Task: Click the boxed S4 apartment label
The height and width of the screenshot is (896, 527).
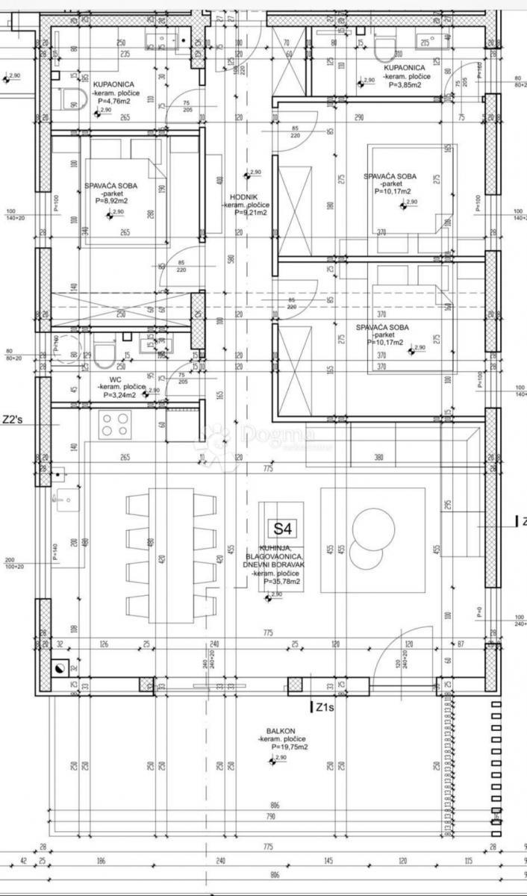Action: [x=281, y=529]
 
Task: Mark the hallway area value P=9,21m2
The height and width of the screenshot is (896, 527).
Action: [x=251, y=212]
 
